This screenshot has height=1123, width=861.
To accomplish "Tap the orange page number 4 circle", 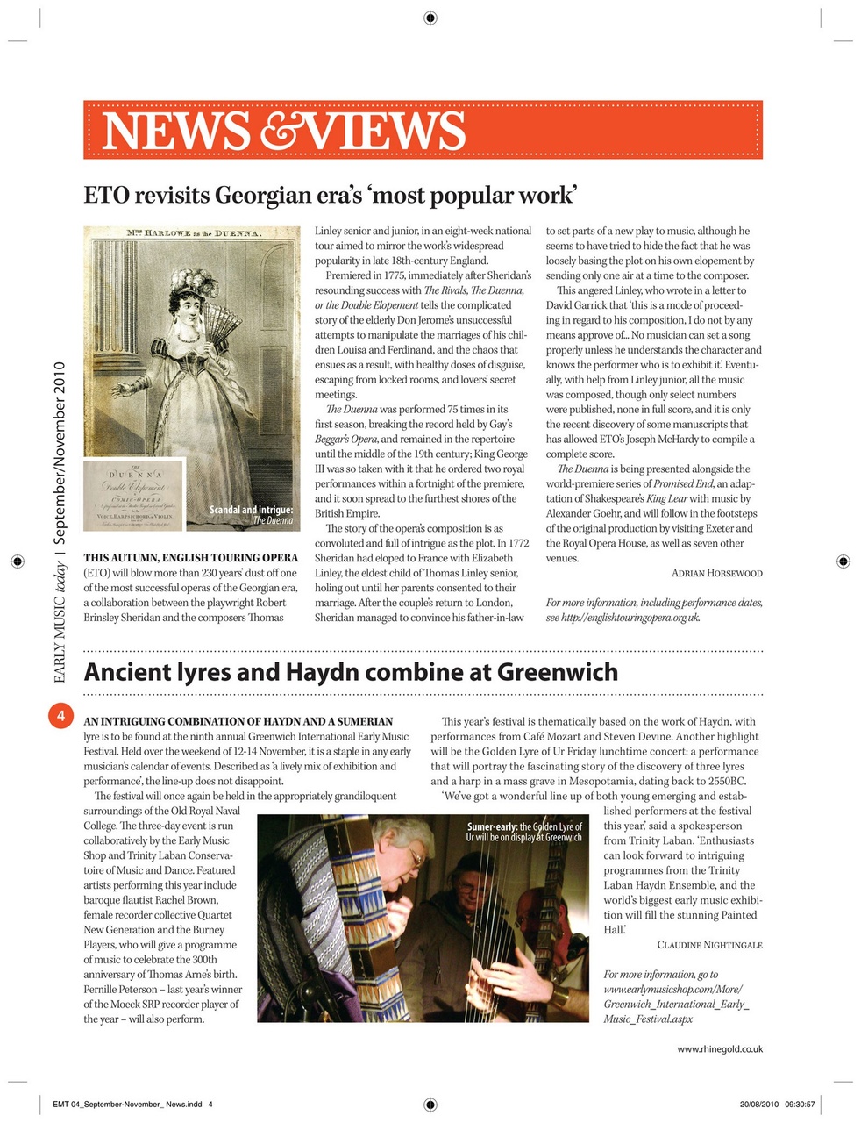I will (x=60, y=716).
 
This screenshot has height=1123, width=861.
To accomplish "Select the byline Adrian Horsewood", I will (x=716, y=573).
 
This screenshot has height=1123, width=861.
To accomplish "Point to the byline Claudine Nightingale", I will (x=709, y=945).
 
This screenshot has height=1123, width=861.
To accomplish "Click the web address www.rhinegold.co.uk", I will (x=719, y=1048).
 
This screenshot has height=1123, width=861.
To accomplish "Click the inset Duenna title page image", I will (x=133, y=496).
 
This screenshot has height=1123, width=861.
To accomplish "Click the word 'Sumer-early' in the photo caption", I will (x=492, y=826).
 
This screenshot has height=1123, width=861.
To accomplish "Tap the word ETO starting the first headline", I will (x=107, y=195).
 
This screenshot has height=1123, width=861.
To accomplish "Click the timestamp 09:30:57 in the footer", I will (x=800, y=1104).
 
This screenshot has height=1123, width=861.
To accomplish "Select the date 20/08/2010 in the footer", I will (x=757, y=1104).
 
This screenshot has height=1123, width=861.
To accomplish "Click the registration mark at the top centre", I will (x=430, y=17).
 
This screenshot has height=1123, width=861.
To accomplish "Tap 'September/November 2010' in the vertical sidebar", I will (x=60, y=451).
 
